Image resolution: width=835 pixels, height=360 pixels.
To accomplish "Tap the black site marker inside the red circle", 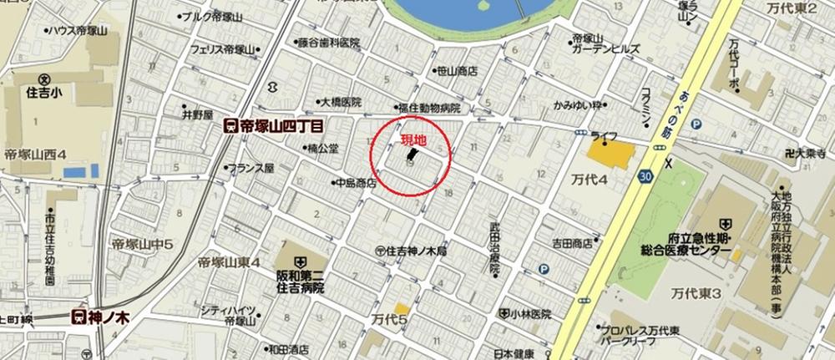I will [412, 155].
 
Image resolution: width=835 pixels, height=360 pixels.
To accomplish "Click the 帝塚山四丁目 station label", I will [275, 126].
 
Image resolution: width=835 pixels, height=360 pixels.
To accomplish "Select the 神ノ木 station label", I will [101, 316].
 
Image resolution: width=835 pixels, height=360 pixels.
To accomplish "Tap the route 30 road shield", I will [648, 177].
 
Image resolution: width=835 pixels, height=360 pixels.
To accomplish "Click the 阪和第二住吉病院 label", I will [301, 280].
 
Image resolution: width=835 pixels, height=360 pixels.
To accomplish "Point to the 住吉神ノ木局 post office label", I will [417, 250].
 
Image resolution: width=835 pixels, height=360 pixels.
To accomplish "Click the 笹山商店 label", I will [455, 72].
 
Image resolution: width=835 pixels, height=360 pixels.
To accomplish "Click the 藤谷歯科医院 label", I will [327, 43].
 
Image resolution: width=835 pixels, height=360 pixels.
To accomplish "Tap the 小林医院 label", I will [531, 314].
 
